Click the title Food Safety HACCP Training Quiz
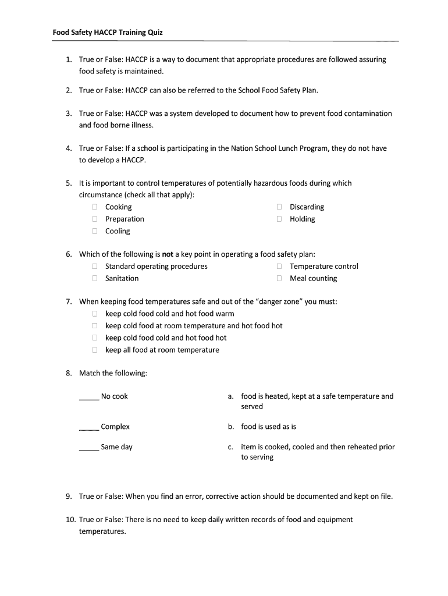click(108, 33)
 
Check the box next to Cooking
click(94, 207)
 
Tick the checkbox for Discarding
click(279, 207)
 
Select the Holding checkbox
click(279, 219)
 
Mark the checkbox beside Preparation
click(94, 219)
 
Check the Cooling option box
click(94, 232)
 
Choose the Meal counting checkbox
click(279, 279)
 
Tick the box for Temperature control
click(279, 267)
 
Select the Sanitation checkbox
click(94, 279)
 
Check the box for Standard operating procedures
click(94, 267)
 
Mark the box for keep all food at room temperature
click(94, 350)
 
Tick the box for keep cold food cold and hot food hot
click(94, 338)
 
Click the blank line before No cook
click(89, 398)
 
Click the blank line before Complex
click(89, 428)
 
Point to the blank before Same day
click(89, 449)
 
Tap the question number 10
click(69, 520)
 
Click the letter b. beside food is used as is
click(231, 427)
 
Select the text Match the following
click(113, 373)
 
